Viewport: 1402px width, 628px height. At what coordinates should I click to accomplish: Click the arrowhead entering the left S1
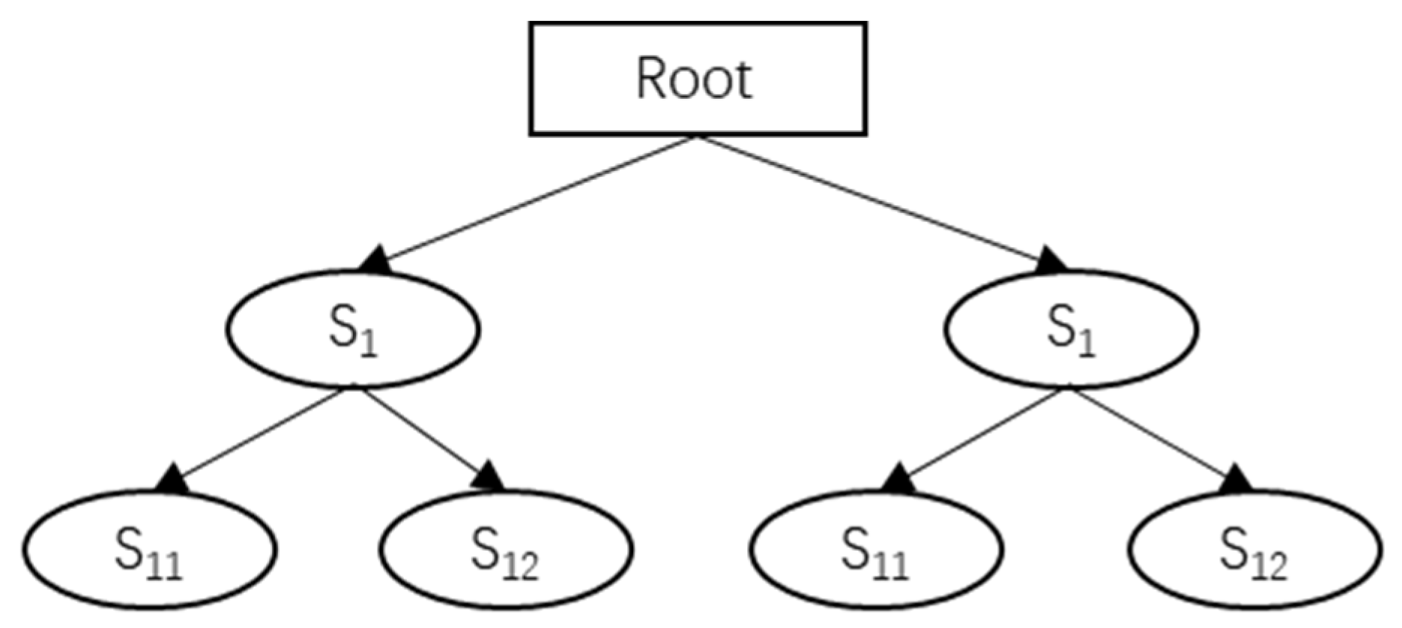pos(375,260)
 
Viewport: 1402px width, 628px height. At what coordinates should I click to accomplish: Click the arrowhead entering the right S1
pos(1051,260)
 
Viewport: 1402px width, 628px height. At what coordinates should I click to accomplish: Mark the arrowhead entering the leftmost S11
pos(173,479)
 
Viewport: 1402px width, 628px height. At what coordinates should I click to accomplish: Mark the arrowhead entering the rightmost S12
pos(1237,478)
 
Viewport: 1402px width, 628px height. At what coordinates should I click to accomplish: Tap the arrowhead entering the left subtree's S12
pos(489,477)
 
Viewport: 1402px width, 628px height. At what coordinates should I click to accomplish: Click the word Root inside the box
pos(694,79)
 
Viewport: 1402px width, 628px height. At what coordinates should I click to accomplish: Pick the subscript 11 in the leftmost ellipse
pos(165,566)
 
